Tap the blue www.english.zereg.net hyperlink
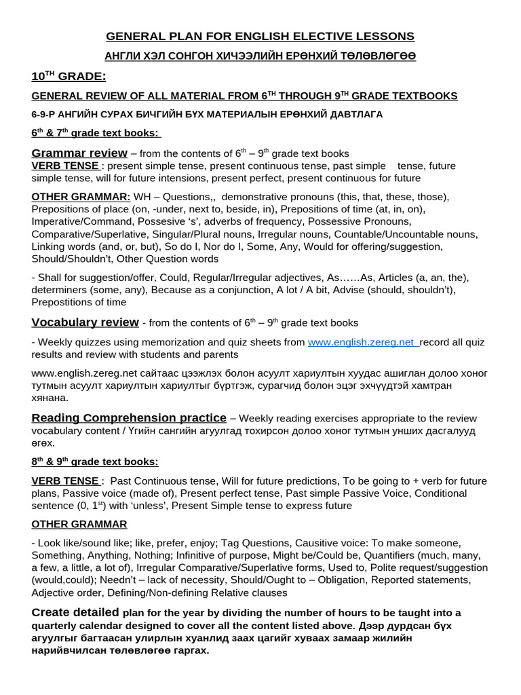363,343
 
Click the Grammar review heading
79,153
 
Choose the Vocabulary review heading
85,322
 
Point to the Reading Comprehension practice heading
129,417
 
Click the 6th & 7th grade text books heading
96,133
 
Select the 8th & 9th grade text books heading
95,462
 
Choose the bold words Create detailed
76,612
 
